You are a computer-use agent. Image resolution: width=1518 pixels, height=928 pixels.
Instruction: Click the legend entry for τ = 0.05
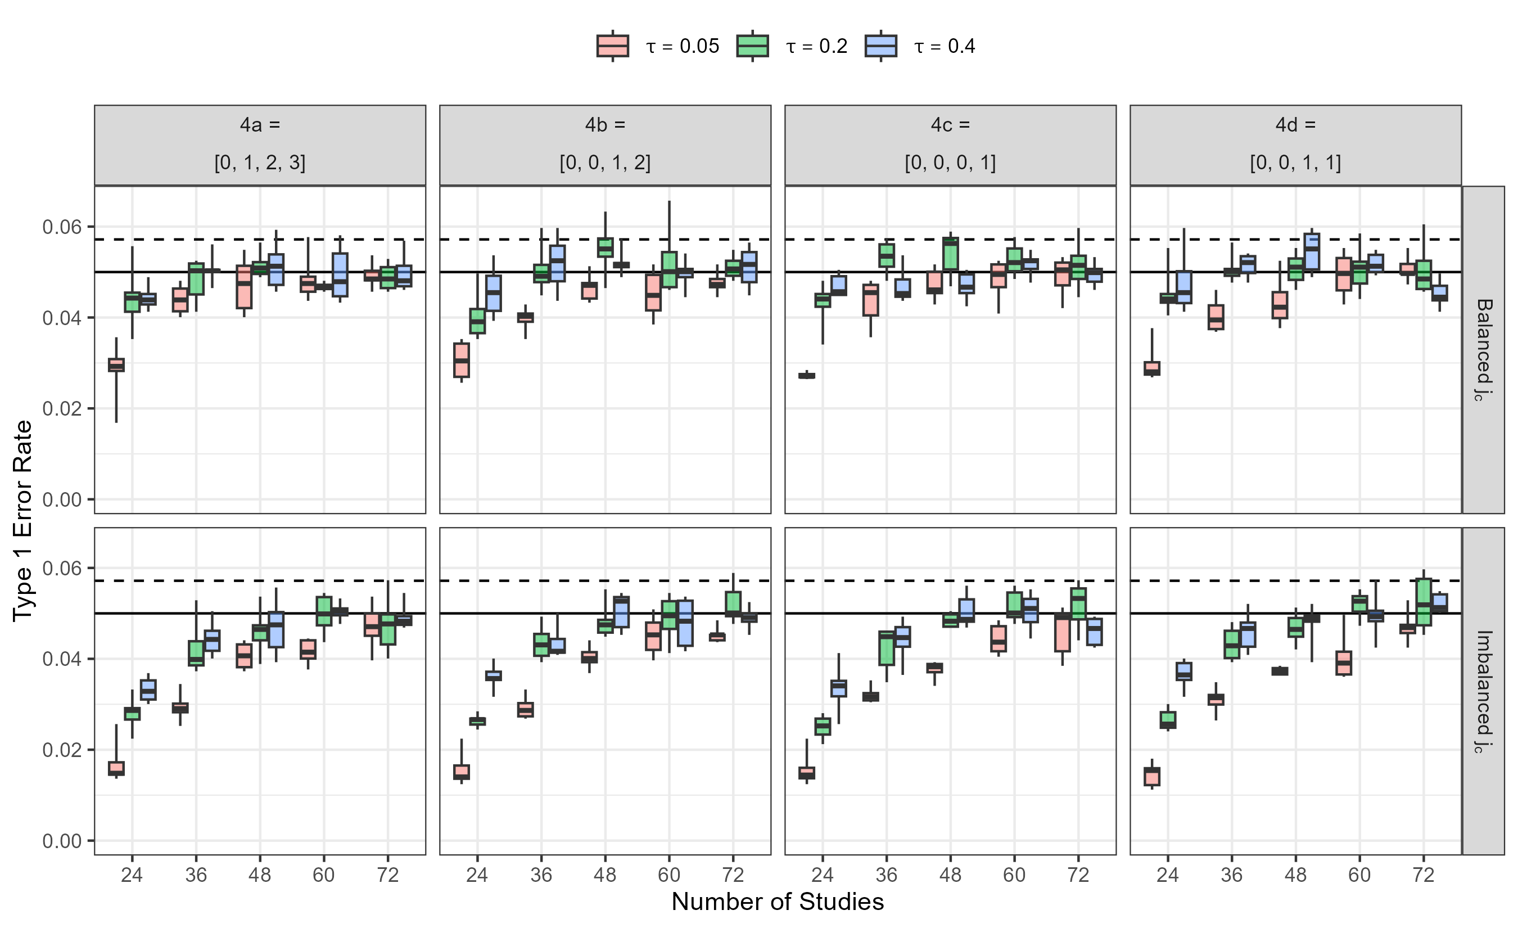click(x=658, y=46)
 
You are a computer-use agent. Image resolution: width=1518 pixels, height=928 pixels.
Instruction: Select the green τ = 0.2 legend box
click(x=752, y=46)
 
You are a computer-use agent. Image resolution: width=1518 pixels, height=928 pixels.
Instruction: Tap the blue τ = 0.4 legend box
click(x=880, y=46)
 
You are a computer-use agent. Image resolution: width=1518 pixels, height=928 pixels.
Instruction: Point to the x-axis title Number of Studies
click(x=778, y=902)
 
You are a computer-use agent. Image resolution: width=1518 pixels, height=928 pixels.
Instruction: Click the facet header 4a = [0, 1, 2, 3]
click(x=260, y=145)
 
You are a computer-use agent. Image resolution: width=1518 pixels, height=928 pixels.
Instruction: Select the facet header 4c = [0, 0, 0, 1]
click(x=950, y=145)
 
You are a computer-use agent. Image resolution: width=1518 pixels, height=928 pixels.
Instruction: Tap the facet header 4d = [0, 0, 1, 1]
click(x=1295, y=145)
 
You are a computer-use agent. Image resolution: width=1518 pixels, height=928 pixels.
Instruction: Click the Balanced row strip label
click(x=1484, y=349)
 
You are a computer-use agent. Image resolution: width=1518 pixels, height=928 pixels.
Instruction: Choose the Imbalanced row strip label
click(x=1484, y=691)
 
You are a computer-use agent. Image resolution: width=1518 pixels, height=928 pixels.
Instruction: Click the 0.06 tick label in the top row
click(x=62, y=227)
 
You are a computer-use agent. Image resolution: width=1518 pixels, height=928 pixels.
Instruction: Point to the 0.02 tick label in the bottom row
click(x=62, y=750)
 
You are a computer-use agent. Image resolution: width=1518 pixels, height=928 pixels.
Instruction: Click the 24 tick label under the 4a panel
click(x=132, y=875)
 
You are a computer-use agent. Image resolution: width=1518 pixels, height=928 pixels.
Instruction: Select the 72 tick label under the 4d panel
click(x=1423, y=875)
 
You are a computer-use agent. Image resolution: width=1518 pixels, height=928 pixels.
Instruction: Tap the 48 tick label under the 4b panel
click(x=605, y=875)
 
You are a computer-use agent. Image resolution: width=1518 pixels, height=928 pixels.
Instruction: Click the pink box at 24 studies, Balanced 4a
click(x=116, y=365)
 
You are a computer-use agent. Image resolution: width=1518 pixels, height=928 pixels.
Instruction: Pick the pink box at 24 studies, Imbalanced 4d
click(x=1152, y=776)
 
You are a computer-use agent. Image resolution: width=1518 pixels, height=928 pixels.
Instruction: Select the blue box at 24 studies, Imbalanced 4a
click(x=148, y=690)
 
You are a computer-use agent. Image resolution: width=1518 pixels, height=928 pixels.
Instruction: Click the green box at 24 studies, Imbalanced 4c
click(x=823, y=727)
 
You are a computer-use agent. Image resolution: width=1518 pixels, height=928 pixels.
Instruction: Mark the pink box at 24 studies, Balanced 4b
click(x=462, y=360)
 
